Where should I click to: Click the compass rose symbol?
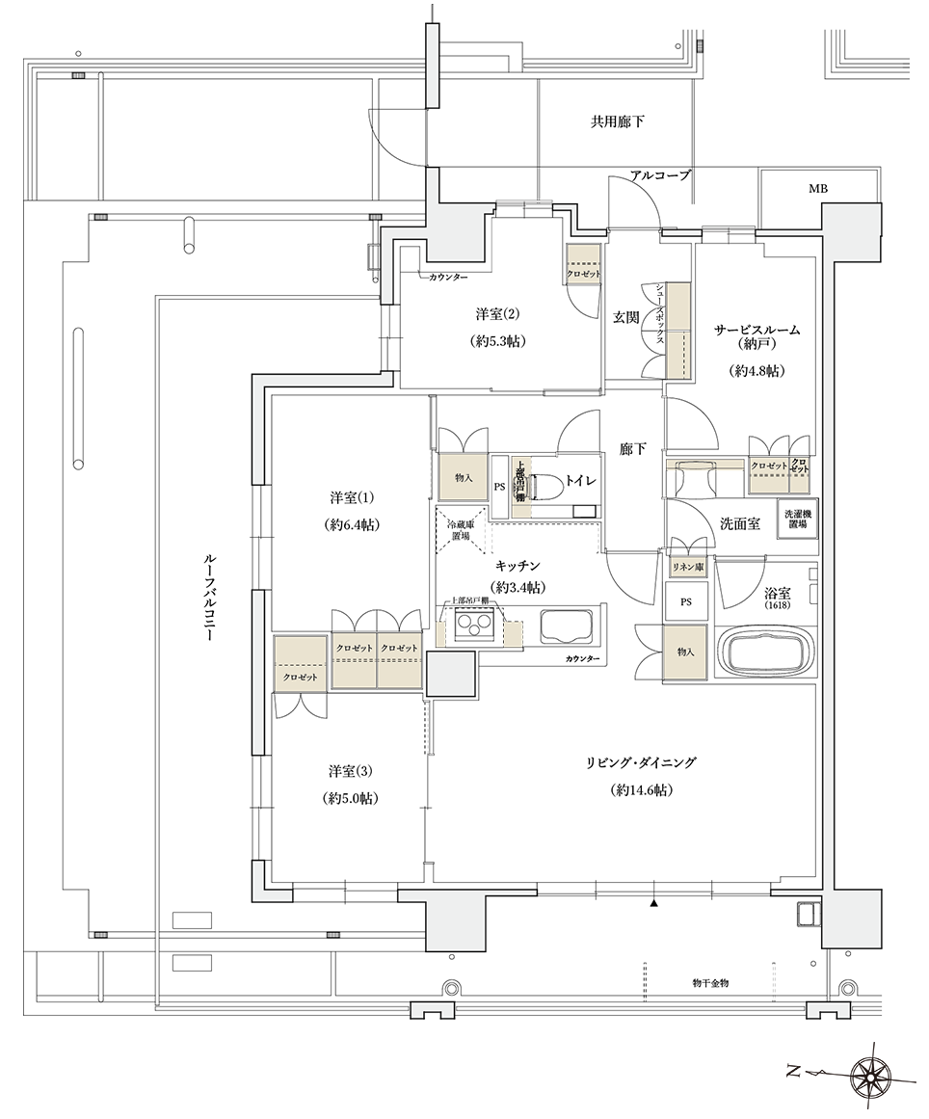click(873, 1072)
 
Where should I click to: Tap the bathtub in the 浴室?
click(767, 653)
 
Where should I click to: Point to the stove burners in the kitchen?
click(474, 629)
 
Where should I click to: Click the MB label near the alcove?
click(817, 189)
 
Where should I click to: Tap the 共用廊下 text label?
click(617, 122)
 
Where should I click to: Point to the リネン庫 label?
click(686, 568)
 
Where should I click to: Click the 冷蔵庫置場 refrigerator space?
click(459, 530)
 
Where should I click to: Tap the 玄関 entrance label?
click(625, 316)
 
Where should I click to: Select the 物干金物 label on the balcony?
click(711, 982)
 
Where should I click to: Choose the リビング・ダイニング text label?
click(640, 762)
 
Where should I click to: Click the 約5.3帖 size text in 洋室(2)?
click(497, 341)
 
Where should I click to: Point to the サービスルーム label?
click(756, 330)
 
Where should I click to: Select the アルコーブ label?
click(660, 175)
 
